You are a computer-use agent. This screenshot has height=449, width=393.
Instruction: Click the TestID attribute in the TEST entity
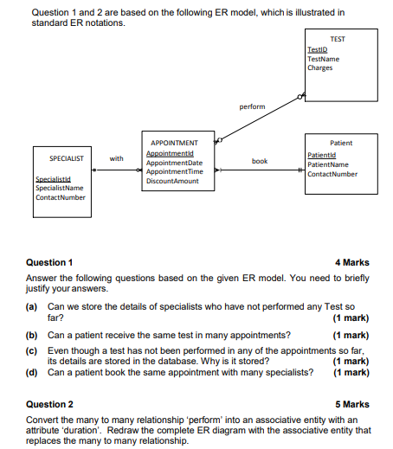click(x=317, y=50)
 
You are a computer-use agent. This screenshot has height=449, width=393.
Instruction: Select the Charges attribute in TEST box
click(x=319, y=67)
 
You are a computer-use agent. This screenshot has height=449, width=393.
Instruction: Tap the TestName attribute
click(x=323, y=59)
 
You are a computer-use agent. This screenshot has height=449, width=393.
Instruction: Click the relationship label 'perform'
click(x=252, y=106)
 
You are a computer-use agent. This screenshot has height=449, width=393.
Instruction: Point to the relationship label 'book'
click(x=259, y=161)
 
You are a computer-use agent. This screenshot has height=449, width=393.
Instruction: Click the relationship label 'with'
click(x=116, y=158)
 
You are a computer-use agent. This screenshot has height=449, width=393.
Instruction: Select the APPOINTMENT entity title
click(x=174, y=143)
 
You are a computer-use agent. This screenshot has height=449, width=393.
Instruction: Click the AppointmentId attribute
click(x=172, y=153)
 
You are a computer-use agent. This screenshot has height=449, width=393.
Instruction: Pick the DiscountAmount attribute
click(x=173, y=181)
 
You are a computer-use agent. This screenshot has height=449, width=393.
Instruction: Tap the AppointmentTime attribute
click(x=175, y=171)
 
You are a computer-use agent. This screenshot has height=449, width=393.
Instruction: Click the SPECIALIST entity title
click(x=67, y=158)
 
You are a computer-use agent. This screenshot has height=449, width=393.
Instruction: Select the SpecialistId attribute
click(x=53, y=179)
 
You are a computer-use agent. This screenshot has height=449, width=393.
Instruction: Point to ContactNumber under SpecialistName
click(x=61, y=197)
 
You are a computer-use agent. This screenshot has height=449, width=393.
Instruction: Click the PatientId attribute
click(x=321, y=154)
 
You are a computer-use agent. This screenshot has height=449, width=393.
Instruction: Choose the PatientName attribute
click(x=328, y=164)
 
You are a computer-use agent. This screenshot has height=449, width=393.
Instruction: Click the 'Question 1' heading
click(x=50, y=262)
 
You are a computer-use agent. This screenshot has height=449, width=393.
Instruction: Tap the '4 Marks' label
click(x=351, y=262)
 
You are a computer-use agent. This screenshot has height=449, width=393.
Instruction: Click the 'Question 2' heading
click(x=50, y=404)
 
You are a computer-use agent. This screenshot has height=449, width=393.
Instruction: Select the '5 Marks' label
click(x=351, y=404)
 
